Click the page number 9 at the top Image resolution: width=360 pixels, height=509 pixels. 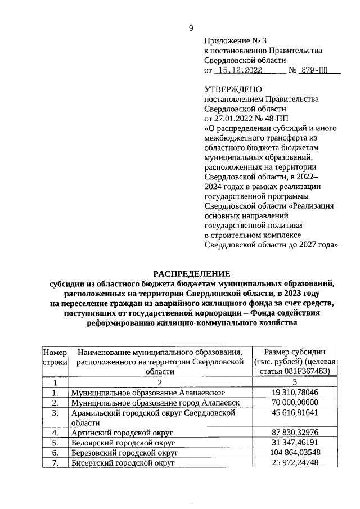click(x=191, y=29)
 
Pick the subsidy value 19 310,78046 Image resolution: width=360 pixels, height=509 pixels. click(x=295, y=392)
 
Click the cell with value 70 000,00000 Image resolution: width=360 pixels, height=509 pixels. click(x=295, y=402)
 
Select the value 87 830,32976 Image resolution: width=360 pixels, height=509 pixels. click(x=295, y=433)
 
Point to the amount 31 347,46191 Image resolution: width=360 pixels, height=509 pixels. click(x=295, y=442)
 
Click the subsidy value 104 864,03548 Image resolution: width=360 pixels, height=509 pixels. click(x=295, y=452)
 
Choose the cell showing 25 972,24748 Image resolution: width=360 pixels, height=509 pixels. click(x=295, y=462)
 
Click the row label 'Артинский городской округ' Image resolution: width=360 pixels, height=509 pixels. click(x=121, y=433)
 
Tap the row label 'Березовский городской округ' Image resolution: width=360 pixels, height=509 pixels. click(x=124, y=452)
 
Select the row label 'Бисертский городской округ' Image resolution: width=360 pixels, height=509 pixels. click(x=123, y=462)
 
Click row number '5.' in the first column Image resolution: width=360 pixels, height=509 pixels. click(x=55, y=442)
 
